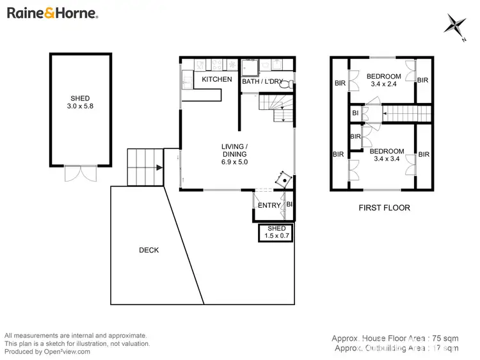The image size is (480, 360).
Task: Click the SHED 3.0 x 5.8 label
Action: tap(80, 102)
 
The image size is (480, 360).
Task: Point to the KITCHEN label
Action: tap(217, 79)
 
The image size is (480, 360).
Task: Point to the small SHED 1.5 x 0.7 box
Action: tap(276, 232)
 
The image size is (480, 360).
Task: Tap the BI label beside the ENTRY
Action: tap(289, 205)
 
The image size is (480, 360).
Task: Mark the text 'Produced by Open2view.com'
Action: tap(47, 351)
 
